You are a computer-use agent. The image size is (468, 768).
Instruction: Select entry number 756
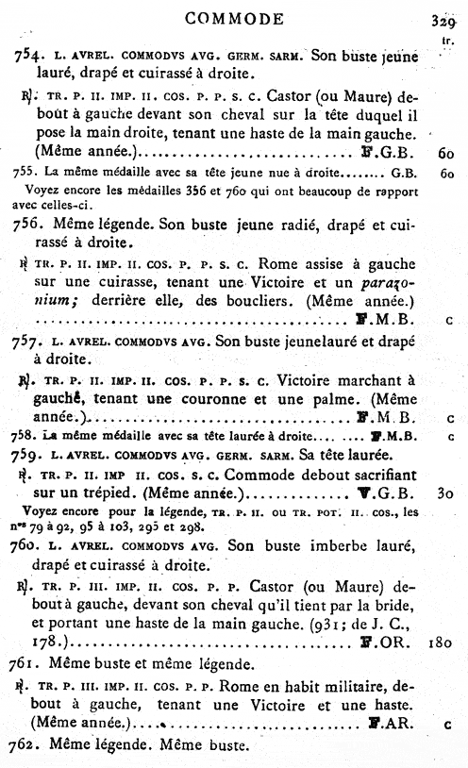tap(29, 224)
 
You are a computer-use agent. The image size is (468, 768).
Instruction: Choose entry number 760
tap(30, 548)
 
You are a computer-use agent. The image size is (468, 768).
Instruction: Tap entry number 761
tap(29, 662)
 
